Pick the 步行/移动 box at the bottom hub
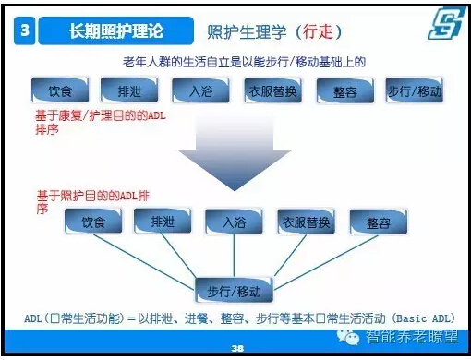(x=235, y=291)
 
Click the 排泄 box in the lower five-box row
(x=161, y=221)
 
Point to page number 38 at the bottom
(x=236, y=349)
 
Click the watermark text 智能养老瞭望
(x=412, y=336)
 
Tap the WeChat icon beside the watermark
(x=352, y=335)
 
